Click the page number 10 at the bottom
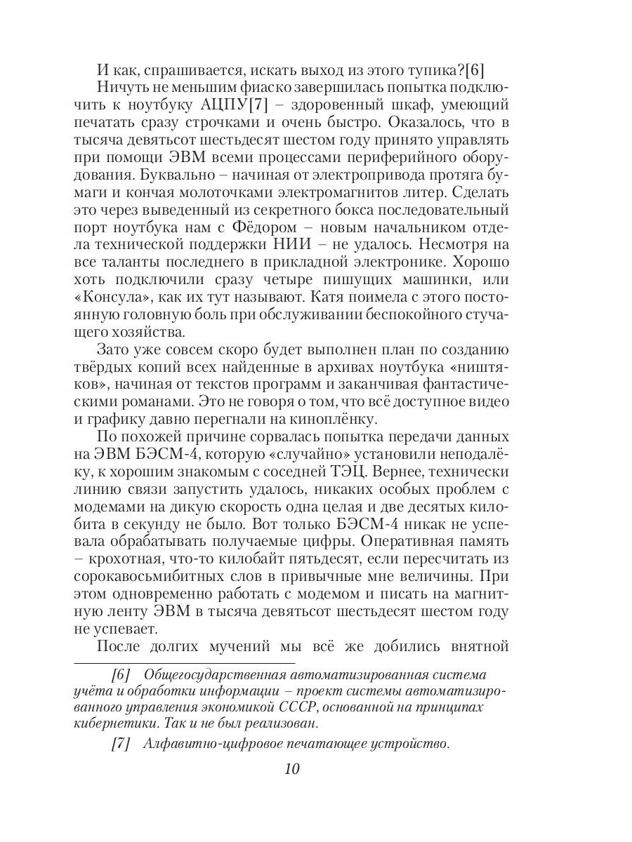(x=292, y=768)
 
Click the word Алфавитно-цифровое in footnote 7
(x=209, y=744)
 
